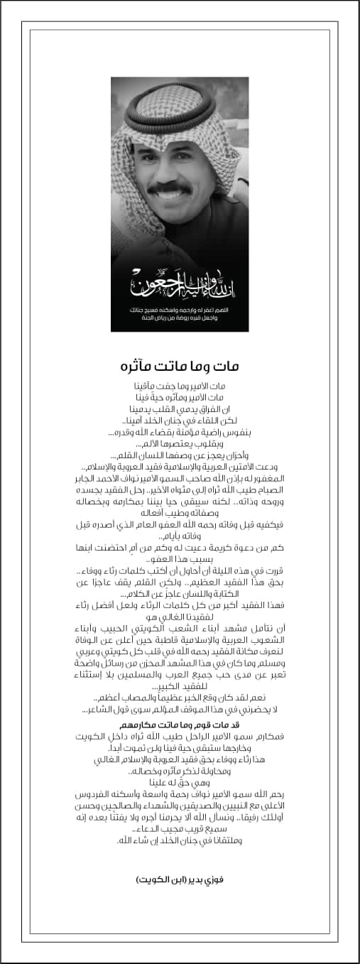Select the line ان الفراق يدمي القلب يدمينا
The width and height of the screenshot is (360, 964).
pos(179,409)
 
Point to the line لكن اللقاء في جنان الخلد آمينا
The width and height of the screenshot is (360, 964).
pos(179,421)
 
